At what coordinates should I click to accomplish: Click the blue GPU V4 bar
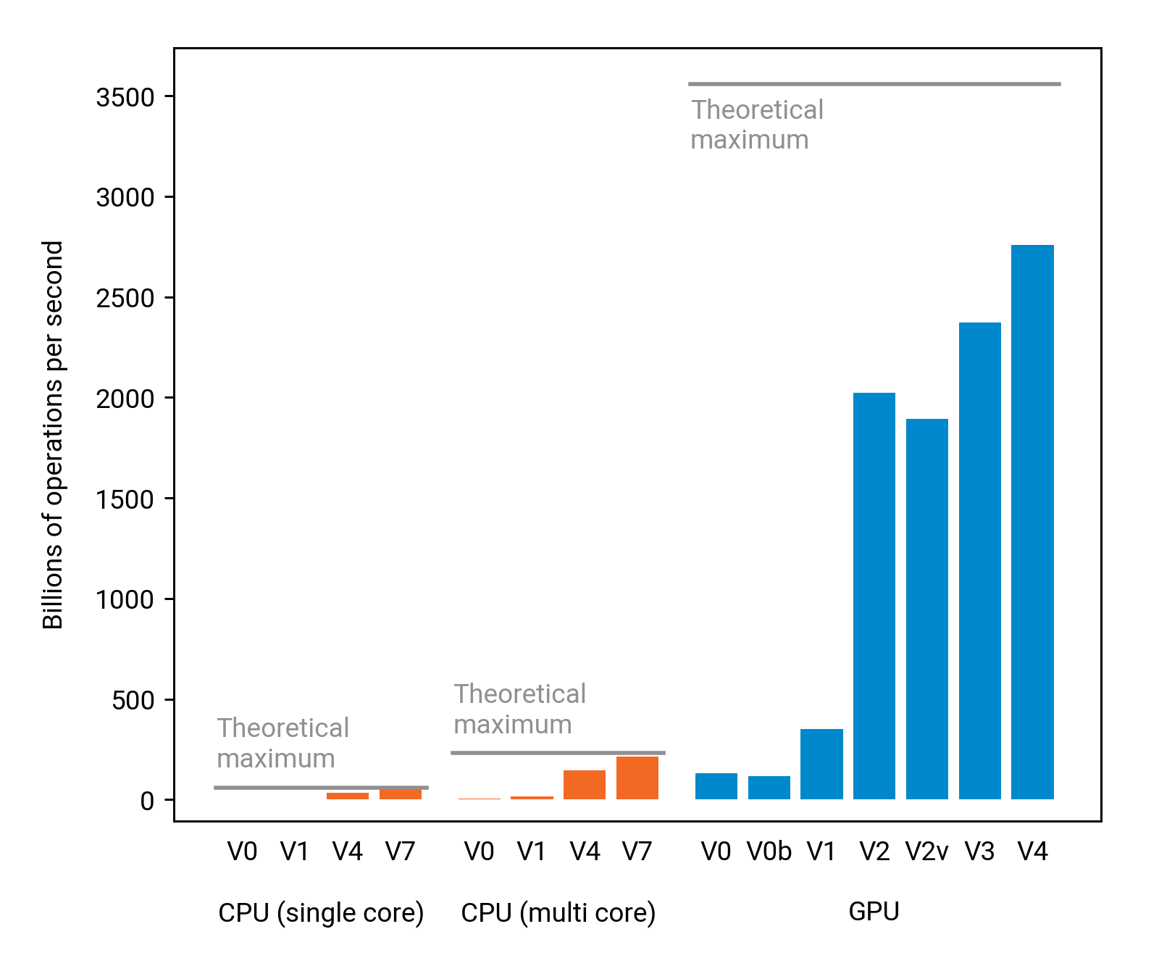[1032, 522]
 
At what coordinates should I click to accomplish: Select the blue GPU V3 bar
[979, 561]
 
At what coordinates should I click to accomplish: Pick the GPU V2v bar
[926, 609]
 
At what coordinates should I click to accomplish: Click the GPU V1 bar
[821, 764]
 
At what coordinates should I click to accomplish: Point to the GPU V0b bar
[769, 788]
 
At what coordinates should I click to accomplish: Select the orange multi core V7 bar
[637, 778]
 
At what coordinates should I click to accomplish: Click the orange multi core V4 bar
[585, 785]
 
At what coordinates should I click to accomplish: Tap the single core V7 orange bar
[400, 794]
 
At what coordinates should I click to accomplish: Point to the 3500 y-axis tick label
[125, 97]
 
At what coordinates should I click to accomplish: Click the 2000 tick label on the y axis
[125, 399]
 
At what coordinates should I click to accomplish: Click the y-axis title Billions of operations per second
[54, 435]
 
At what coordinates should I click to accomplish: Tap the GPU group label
[874, 911]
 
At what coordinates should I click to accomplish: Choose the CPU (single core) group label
[321, 912]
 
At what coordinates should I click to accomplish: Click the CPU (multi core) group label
[558, 912]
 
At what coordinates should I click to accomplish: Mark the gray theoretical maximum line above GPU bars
[874, 84]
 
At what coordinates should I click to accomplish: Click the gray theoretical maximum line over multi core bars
[558, 753]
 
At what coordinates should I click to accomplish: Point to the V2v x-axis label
[926, 852]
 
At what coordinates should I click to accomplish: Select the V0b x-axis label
[769, 852]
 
